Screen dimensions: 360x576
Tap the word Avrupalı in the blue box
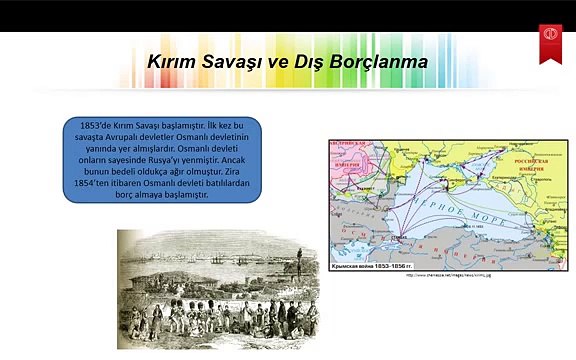[x=119, y=137]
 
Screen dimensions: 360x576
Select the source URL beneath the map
[x=448, y=276]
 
